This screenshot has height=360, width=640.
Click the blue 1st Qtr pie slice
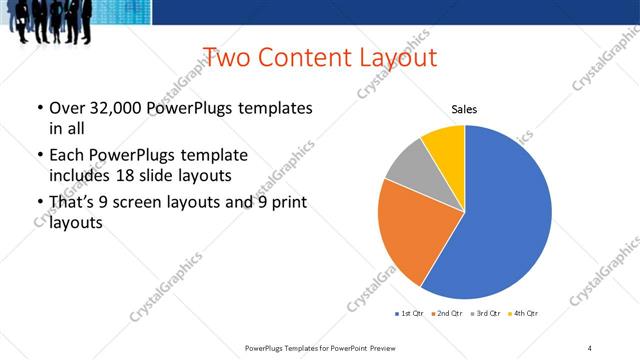coord(500,220)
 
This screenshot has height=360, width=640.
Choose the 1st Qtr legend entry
coord(409,314)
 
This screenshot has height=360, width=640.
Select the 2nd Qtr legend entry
coord(446,314)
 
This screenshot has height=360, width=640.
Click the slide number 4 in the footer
coord(590,347)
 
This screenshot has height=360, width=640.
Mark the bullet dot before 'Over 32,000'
coord(39,108)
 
